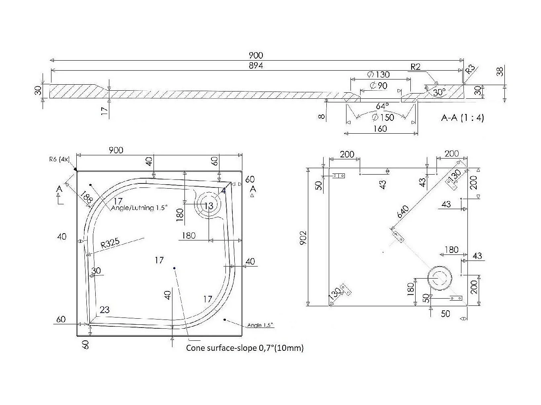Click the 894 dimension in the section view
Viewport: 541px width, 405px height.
[x=256, y=65]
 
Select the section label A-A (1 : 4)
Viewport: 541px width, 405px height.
[x=462, y=118]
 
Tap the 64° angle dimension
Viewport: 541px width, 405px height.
[x=382, y=106]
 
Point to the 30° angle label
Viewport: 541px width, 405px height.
[x=439, y=92]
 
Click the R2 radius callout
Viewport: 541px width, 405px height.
[x=415, y=67]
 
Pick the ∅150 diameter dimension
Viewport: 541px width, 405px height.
[x=382, y=117]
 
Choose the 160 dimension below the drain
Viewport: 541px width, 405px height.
[x=380, y=128]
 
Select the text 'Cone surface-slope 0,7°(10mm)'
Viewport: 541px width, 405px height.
[x=245, y=348]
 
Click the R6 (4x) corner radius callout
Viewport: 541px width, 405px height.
[x=58, y=159]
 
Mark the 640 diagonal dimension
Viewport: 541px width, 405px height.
[x=403, y=211]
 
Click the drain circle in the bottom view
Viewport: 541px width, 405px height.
[x=439, y=278]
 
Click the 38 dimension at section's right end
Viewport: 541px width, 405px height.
[x=500, y=71]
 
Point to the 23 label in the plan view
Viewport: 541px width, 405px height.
[x=105, y=310]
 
